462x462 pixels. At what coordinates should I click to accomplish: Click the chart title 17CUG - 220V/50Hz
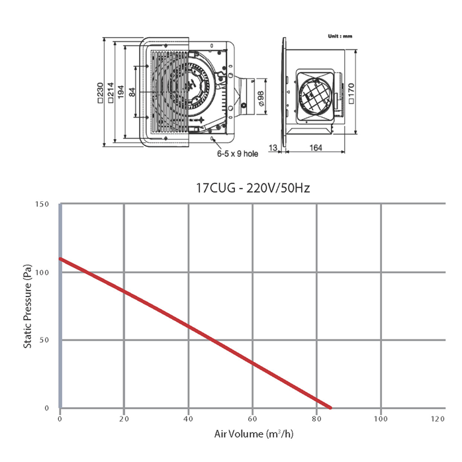coord(253,188)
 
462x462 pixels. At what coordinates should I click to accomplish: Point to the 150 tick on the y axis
coord(42,204)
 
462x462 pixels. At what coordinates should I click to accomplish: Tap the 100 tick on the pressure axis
coord(42,272)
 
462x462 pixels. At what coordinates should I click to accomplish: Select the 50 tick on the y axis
coord(44,340)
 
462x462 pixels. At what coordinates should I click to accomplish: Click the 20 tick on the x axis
coord(124,419)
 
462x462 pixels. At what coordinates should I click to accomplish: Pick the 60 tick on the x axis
coord(252,419)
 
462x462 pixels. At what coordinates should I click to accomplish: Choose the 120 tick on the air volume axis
coord(438,419)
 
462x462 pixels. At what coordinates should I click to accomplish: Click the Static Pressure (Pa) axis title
coord(27,306)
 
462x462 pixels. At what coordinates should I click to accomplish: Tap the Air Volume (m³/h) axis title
coord(254,434)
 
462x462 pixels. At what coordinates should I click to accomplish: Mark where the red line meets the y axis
coord(60,259)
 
